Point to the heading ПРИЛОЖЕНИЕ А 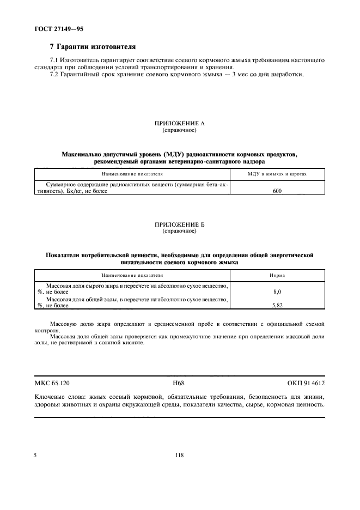(179, 124)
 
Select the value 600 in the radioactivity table (277, 191)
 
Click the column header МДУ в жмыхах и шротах (277, 174)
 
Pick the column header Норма (277, 275)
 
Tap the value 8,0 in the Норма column (277, 292)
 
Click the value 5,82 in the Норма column (277, 305)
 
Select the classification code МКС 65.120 (53, 383)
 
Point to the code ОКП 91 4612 (306, 383)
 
